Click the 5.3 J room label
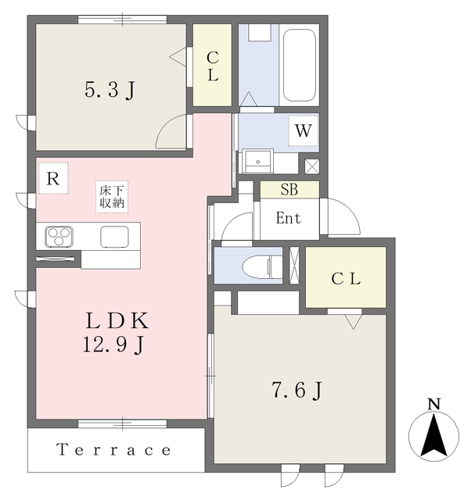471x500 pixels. point(110,90)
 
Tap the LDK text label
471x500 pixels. point(117,321)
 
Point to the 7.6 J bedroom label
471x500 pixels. point(297,390)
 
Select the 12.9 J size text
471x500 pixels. point(114,345)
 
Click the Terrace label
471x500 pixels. point(113,450)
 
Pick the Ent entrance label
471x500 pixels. point(289,219)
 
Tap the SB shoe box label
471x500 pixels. point(289,189)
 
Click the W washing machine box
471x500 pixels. point(304,130)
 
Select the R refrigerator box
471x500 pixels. point(53,178)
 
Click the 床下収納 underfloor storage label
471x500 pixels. point(112,197)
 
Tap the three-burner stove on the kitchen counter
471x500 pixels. point(59,237)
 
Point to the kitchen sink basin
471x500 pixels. point(115,237)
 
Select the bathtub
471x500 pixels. point(300,65)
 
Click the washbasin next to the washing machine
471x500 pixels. point(257,161)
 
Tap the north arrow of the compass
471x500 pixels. point(434,435)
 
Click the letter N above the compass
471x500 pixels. point(434,404)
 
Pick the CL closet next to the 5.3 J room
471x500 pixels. point(212,65)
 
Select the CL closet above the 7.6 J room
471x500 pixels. point(346,277)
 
